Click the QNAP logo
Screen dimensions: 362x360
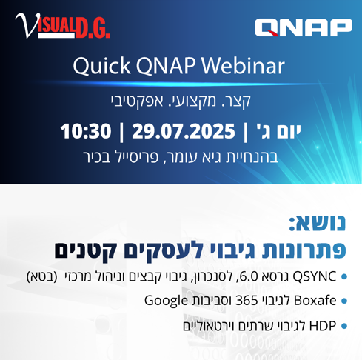[304, 27]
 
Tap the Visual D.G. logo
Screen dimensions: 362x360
[63, 26]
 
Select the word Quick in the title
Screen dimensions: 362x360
[101, 66]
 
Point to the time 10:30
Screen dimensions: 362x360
[86, 131]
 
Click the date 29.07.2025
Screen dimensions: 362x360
[184, 131]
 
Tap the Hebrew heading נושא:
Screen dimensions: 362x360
[318, 223]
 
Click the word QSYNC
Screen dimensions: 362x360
[314, 276]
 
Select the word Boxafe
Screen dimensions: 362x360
[315, 301]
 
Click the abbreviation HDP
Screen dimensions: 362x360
[323, 326]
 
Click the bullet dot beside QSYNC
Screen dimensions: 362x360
[344, 276]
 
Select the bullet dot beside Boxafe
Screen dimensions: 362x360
[344, 301]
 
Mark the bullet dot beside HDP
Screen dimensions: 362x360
[344, 326]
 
